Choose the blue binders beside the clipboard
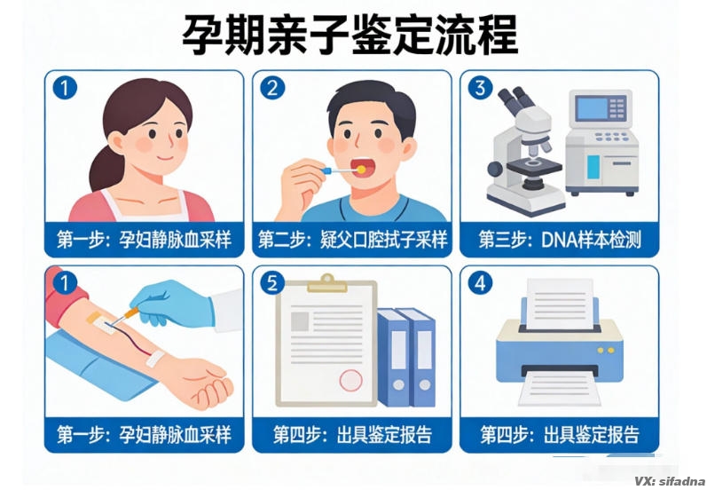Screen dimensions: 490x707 tap(408, 355)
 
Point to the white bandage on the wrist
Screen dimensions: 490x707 tap(157, 360)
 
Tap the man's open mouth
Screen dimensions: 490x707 tap(361, 166)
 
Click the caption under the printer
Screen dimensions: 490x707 tap(559, 435)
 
